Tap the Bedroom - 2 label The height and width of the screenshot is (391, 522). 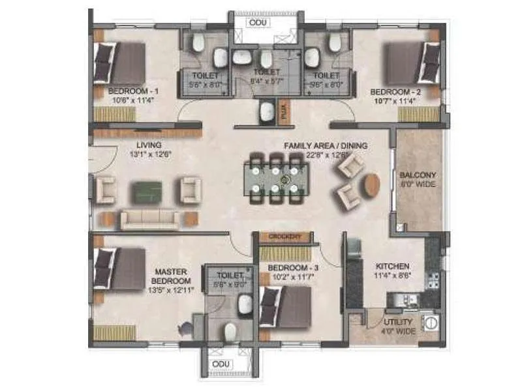point(395,92)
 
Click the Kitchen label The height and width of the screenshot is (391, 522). point(392,266)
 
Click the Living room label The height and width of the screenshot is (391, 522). point(149,145)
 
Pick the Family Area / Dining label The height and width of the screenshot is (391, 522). point(325,145)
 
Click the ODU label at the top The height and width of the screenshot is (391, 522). point(256,22)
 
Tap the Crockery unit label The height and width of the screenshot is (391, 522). point(284,237)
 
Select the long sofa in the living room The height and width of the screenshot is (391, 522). point(150,219)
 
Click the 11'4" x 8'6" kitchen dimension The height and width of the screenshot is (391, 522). point(392,276)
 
